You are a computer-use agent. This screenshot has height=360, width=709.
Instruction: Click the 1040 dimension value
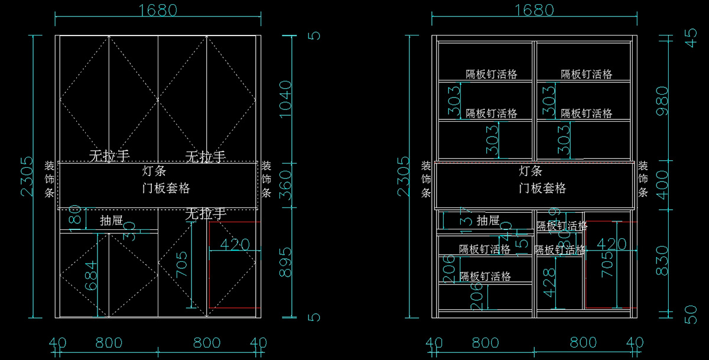point(285,99)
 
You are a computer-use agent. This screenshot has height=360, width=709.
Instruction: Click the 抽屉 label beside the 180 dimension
point(111,221)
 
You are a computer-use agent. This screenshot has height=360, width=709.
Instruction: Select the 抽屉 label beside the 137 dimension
point(488,221)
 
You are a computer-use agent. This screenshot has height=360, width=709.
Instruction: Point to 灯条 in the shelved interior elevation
point(531,172)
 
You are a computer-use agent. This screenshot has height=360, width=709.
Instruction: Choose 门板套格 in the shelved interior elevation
point(542,189)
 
